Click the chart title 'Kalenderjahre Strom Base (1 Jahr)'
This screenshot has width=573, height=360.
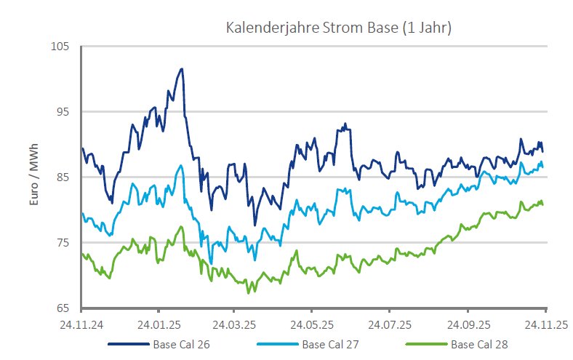(x=339, y=28)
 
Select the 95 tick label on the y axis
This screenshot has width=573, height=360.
(x=63, y=112)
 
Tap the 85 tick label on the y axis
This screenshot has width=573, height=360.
(x=63, y=177)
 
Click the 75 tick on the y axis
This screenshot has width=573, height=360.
(x=63, y=243)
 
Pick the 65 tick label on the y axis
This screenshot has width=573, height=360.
(x=63, y=308)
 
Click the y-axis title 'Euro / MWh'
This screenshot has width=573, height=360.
(x=33, y=177)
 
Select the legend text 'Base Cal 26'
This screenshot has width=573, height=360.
(x=181, y=344)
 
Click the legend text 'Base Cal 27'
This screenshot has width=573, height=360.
(x=330, y=344)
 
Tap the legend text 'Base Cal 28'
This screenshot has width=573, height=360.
(x=479, y=344)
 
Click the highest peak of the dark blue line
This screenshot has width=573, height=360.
(x=182, y=69)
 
